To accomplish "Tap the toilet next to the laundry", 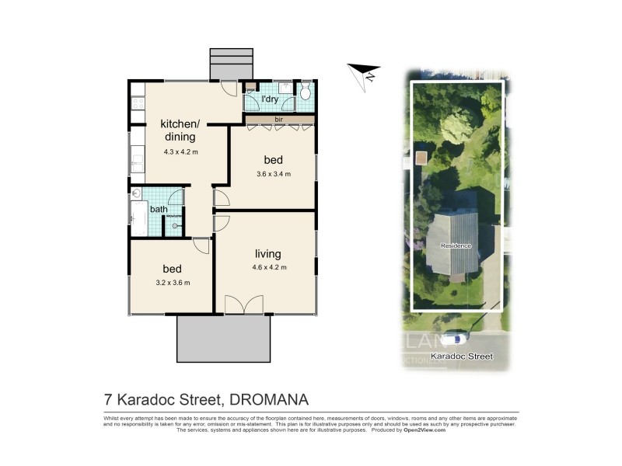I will [x=306, y=93].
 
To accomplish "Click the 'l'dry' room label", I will [x=270, y=99].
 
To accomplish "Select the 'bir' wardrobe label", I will [x=278, y=120].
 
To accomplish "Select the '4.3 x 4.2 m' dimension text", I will [x=180, y=152].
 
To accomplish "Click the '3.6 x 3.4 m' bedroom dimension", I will [x=273, y=174].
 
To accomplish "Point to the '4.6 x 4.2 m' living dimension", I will [x=269, y=268].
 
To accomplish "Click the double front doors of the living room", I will [x=243, y=304].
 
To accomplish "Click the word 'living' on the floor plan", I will [x=267, y=254].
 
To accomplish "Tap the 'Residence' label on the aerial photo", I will [x=456, y=245].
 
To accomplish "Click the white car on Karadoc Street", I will [x=454, y=339].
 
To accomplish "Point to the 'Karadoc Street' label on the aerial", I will [x=463, y=356].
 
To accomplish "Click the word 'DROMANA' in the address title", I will [x=268, y=400].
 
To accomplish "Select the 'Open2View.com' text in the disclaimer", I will [x=425, y=429].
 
